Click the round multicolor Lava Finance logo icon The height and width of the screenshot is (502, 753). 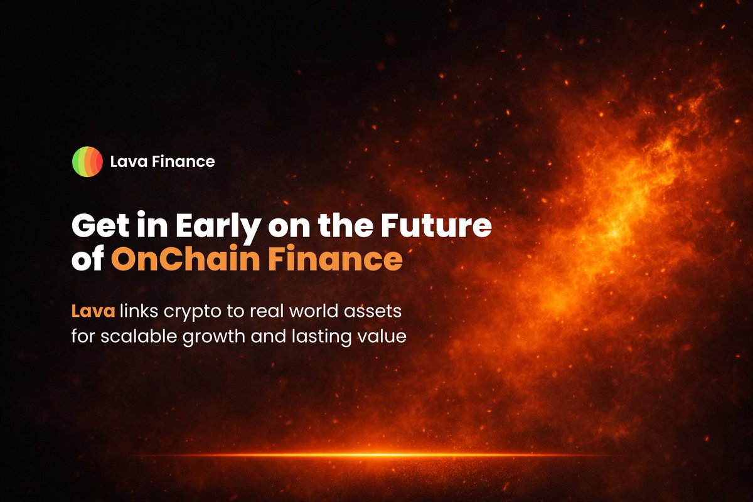coord(87,161)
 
